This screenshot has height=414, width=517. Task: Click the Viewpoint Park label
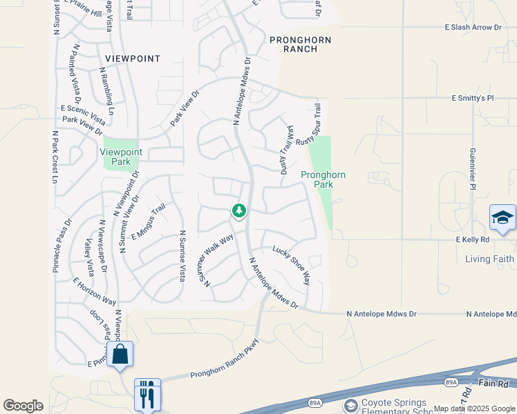point(121,157)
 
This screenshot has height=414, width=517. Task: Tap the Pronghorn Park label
point(323,179)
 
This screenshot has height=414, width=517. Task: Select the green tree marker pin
point(239,210)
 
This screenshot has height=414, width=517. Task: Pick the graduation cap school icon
point(502,219)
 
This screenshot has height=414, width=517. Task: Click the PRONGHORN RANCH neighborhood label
point(300,45)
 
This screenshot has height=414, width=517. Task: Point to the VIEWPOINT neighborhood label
point(133,59)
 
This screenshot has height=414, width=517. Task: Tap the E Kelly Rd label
point(472,239)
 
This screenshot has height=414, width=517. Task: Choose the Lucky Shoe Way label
point(291,265)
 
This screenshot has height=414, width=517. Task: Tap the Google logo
point(23,406)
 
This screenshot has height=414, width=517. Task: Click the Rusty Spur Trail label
point(309,125)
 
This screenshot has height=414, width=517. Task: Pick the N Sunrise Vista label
point(182,255)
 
